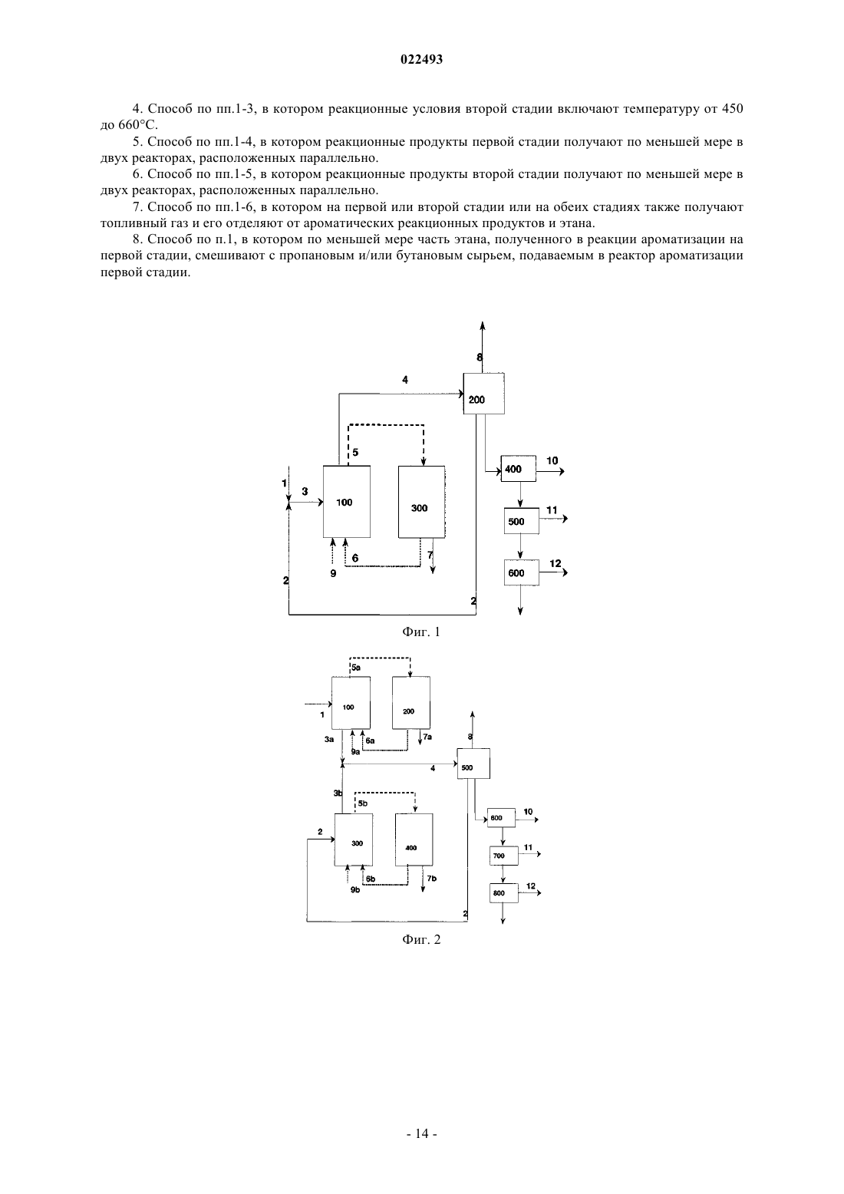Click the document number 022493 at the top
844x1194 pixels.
click(421, 59)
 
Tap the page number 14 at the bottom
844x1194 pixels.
click(421, 1133)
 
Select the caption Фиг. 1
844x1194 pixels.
click(421, 632)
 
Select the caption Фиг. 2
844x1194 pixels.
click(421, 939)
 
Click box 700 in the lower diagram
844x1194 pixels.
click(504, 856)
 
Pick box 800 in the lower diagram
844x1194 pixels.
click(504, 893)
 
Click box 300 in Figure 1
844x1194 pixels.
click(421, 502)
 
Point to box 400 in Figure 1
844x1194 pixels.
click(519, 469)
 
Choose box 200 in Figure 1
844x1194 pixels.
click(484, 394)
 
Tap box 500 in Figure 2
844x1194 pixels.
click(473, 764)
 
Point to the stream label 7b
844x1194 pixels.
click(431, 878)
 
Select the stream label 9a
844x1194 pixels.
click(355, 752)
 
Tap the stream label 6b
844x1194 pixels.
click(371, 879)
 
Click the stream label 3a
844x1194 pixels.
click(328, 739)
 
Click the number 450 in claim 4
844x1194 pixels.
click(732, 109)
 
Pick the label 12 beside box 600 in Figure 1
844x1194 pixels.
click(556, 563)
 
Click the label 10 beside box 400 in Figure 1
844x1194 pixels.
click(552, 460)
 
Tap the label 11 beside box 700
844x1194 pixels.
click(528, 847)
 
